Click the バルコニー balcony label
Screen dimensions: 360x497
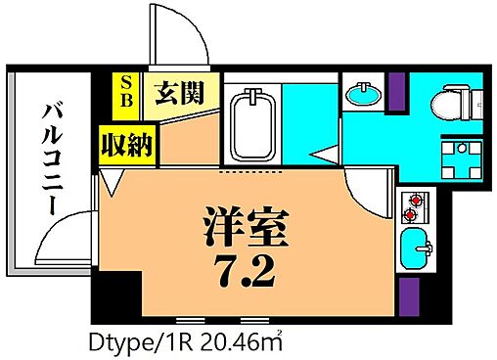click(x=50, y=161)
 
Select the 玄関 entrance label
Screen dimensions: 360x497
click(x=180, y=95)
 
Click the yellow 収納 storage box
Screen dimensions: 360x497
click(x=125, y=147)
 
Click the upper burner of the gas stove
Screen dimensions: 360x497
click(x=411, y=199)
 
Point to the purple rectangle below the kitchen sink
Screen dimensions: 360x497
click(x=411, y=292)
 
